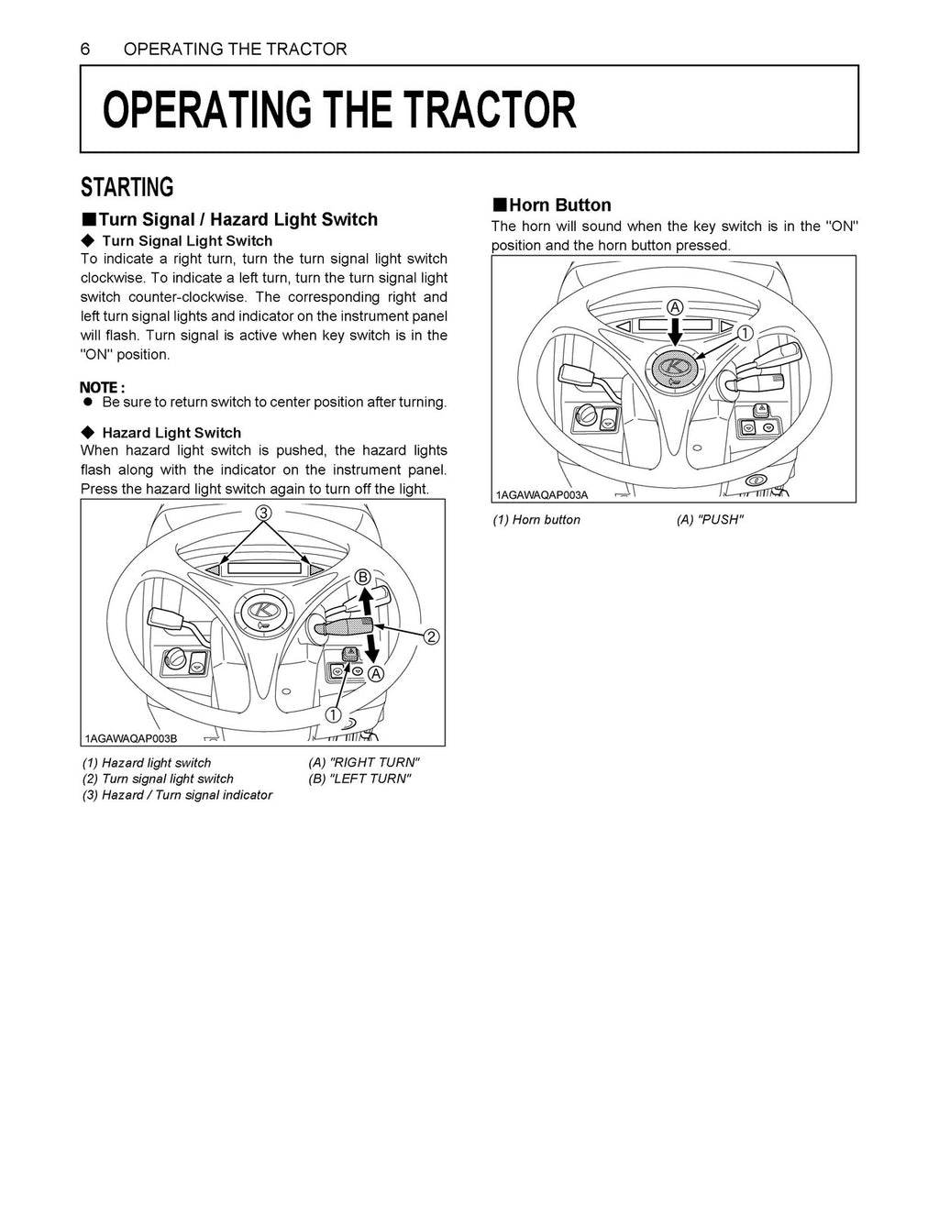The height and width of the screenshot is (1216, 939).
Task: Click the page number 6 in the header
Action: (x=85, y=50)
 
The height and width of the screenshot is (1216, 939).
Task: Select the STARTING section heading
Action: (x=127, y=188)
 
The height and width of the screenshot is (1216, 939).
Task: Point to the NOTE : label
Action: (x=103, y=387)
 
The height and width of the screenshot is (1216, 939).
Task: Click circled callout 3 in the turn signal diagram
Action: (x=263, y=514)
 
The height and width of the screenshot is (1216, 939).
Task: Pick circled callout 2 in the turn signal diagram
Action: (x=431, y=636)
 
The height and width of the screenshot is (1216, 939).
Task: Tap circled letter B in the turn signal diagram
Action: (x=362, y=577)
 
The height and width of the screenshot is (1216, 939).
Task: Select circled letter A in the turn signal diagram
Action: (x=375, y=674)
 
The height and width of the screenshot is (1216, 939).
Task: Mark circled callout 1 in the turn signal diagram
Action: (x=332, y=714)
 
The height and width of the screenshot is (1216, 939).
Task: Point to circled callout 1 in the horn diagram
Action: (x=744, y=333)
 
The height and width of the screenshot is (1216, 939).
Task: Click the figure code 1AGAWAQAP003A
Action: (x=541, y=495)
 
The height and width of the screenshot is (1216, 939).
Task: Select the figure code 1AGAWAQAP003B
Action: (x=130, y=739)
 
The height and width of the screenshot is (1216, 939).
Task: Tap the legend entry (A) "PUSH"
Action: (x=709, y=520)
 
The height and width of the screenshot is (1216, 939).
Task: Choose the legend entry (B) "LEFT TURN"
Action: (x=359, y=779)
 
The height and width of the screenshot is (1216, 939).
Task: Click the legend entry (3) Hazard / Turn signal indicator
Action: (x=177, y=795)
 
